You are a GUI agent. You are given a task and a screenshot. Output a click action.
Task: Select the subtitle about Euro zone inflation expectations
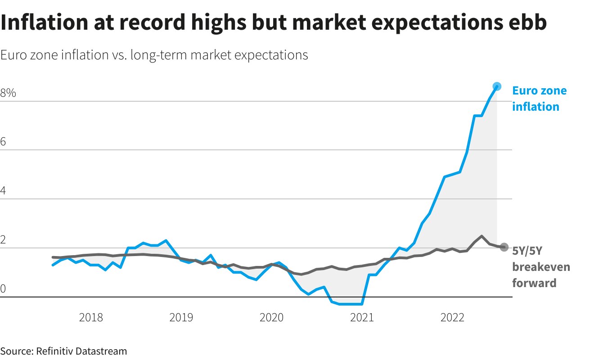154,55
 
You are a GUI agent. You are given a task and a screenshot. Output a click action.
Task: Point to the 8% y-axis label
8,94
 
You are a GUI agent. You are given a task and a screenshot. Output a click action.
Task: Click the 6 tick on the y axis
4,142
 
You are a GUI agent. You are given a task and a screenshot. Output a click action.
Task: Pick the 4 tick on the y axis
4,191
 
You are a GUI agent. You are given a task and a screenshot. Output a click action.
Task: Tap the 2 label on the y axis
4,240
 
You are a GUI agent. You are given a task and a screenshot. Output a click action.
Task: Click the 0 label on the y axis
4,289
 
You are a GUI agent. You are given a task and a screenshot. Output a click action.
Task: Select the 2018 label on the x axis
91,318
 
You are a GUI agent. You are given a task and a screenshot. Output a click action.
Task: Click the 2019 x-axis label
181,318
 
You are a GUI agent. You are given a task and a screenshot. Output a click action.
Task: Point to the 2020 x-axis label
271,318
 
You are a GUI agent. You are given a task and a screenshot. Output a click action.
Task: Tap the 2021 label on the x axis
362,318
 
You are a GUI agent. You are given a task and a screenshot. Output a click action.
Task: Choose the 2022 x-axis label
452,318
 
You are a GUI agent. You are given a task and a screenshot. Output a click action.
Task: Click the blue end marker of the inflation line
497,86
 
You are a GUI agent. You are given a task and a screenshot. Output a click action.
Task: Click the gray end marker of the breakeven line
504,247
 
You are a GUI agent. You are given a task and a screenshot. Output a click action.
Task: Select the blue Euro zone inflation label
539,99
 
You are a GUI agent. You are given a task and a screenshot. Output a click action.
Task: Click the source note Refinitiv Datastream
63,351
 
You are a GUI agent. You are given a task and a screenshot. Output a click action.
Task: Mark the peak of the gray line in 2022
481,236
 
